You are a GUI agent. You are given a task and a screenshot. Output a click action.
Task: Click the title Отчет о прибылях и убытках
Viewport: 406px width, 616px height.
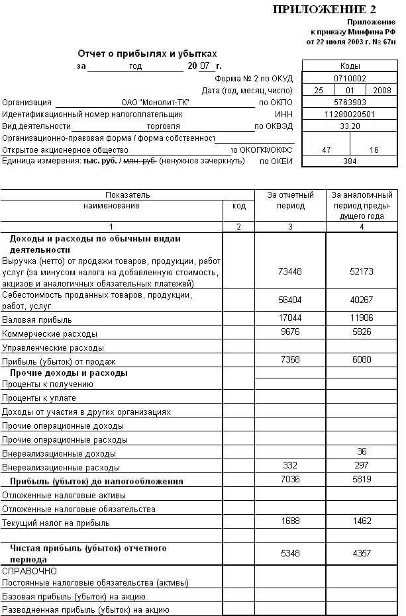click(x=147, y=54)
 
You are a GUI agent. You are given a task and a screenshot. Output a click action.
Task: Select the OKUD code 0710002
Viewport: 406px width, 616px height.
click(x=350, y=78)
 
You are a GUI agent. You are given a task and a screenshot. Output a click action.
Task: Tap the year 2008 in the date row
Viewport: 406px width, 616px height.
click(x=382, y=90)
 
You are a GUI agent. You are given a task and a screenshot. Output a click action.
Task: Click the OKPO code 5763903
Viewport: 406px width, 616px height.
click(x=350, y=102)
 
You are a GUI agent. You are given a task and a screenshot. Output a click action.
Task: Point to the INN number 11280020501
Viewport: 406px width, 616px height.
click(x=350, y=114)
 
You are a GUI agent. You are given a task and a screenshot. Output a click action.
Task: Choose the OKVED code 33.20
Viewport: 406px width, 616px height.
click(x=350, y=126)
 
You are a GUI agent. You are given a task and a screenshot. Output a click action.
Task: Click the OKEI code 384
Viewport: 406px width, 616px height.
click(x=350, y=161)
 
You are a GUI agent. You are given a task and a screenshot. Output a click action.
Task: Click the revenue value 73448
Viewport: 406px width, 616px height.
click(x=290, y=271)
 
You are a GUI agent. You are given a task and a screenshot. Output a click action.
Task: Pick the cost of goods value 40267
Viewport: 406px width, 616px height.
click(x=361, y=300)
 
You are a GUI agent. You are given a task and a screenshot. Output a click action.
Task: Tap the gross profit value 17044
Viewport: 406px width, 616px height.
click(x=290, y=318)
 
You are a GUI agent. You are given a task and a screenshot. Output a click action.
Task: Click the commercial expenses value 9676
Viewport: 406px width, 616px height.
click(x=290, y=331)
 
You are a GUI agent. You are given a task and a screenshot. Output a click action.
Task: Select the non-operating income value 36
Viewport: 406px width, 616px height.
click(x=361, y=452)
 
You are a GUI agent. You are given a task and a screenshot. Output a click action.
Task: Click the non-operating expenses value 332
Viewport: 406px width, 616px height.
click(x=290, y=466)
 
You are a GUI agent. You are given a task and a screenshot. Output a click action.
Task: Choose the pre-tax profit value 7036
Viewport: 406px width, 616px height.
click(x=290, y=478)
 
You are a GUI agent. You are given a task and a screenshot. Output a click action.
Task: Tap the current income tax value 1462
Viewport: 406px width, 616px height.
click(x=361, y=521)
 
